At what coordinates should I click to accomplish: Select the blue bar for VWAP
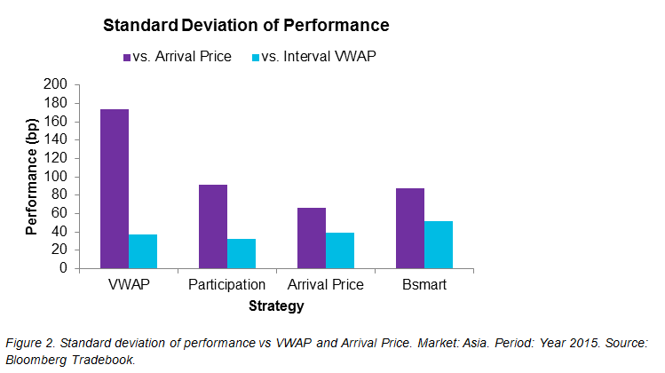pos(143,251)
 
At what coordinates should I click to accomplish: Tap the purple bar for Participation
pos(213,226)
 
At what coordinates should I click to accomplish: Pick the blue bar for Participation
pos(241,253)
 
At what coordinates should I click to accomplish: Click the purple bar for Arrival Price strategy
pos(312,237)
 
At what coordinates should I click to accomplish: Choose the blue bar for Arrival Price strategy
pos(340,250)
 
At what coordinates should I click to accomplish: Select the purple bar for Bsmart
pos(409,227)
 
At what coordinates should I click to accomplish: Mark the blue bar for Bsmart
pos(438,244)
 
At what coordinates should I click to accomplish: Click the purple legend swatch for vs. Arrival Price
pos(127,57)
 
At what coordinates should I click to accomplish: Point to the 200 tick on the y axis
pos(55,84)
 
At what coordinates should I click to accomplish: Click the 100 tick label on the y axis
pos(55,176)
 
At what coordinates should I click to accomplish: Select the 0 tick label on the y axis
pos(63,268)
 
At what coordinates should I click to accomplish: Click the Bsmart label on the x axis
pos(424,285)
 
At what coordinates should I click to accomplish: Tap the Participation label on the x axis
pos(227,285)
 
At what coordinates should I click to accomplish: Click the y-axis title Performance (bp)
pos(32,176)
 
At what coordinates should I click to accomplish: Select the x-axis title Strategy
pos(275,306)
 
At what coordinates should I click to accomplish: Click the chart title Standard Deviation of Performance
pos(246,25)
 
